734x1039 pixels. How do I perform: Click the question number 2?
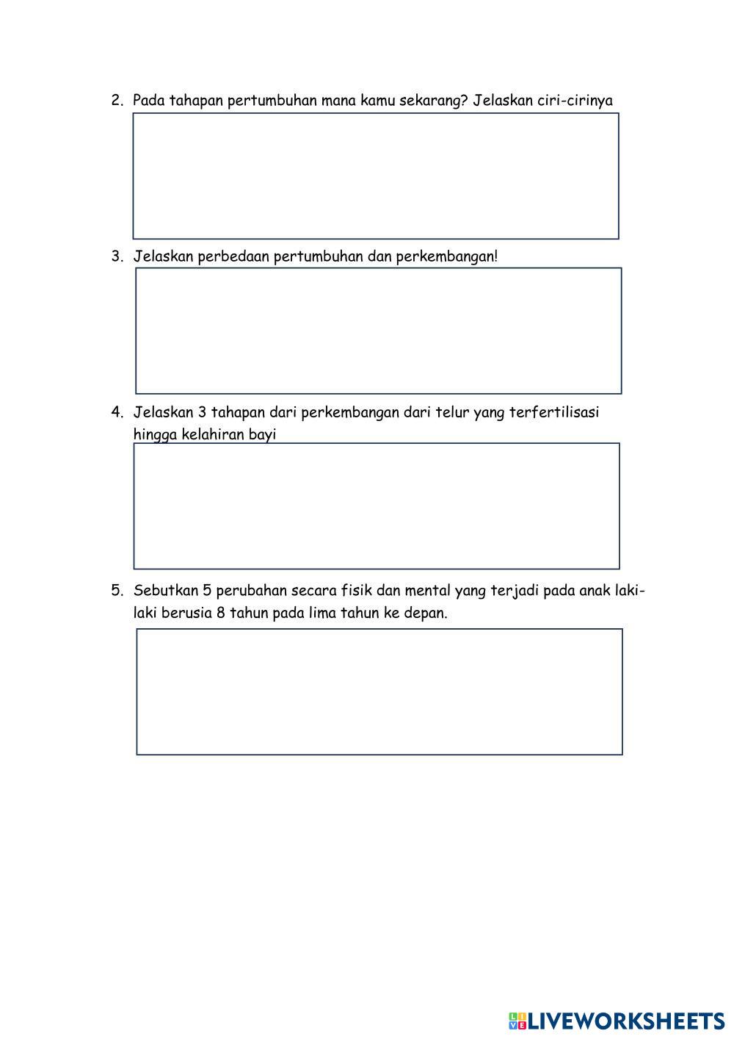pos(116,101)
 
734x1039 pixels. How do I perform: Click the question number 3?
pos(116,256)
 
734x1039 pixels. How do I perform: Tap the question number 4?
pos(116,412)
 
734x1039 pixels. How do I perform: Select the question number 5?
pos(116,591)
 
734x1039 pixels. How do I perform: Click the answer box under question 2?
pos(376,176)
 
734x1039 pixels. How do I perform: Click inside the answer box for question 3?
pos(379,331)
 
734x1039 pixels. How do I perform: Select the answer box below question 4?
pos(377,506)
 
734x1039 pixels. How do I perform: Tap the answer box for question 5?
pos(379,691)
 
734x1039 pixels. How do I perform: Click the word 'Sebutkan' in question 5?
pos(164,591)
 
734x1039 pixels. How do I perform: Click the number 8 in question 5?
pos(220,613)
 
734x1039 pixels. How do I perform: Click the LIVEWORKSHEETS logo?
pos(617,1021)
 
